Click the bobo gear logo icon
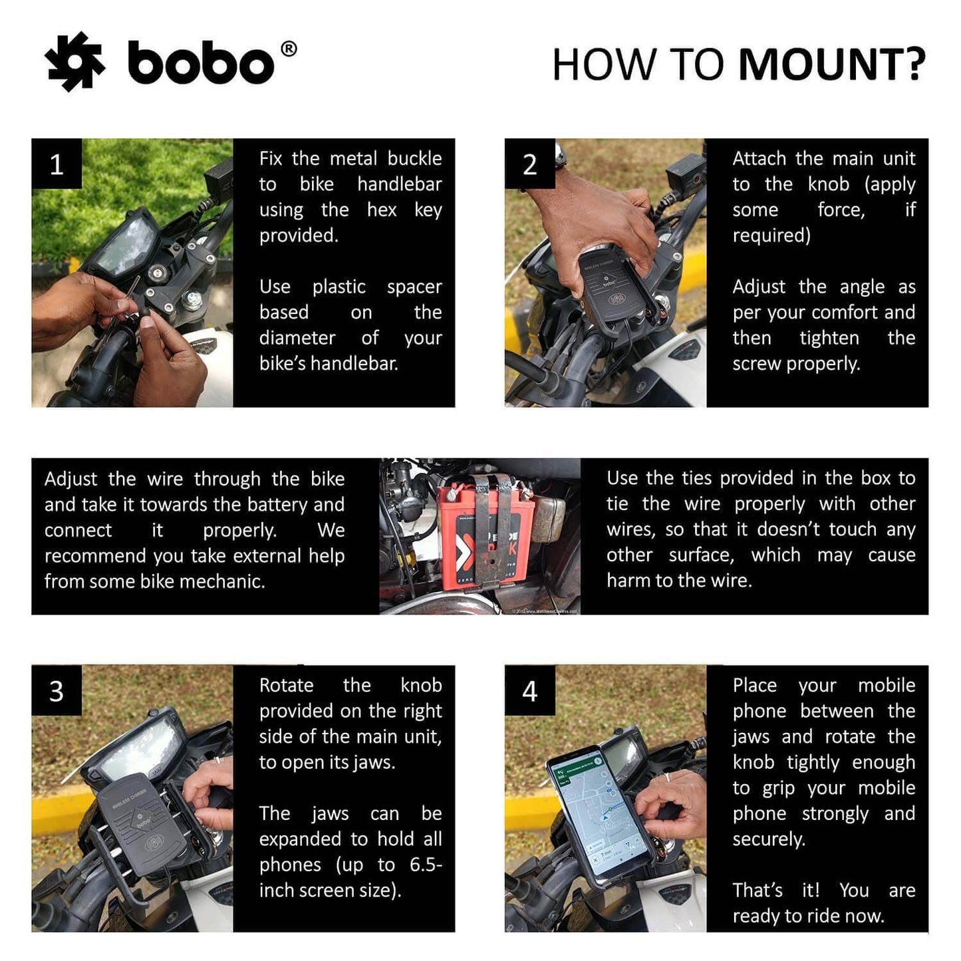(74, 62)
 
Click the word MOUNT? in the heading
(832, 65)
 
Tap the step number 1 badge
(57, 164)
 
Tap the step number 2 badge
(529, 164)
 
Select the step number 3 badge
(57, 691)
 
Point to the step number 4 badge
(529, 691)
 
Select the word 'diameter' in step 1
(297, 339)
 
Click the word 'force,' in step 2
(841, 210)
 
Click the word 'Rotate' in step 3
(286, 686)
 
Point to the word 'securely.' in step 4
(769, 839)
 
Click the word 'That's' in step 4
(757, 891)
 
